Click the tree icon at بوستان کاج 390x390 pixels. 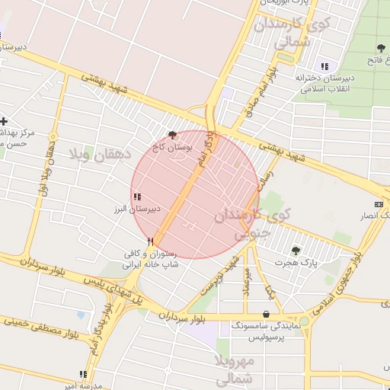[x=171, y=133]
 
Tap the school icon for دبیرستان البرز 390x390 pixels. [x=137, y=197]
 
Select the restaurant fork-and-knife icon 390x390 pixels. [x=151, y=241]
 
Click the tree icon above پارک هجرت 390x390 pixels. [x=296, y=250]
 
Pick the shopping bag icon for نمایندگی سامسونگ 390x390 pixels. [x=265, y=314]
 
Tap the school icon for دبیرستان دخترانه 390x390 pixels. [x=326, y=66]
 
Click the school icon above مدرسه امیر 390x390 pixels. [x=83, y=374]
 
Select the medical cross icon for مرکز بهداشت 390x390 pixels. [x=5, y=120]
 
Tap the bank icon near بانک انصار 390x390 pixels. [x=379, y=204]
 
